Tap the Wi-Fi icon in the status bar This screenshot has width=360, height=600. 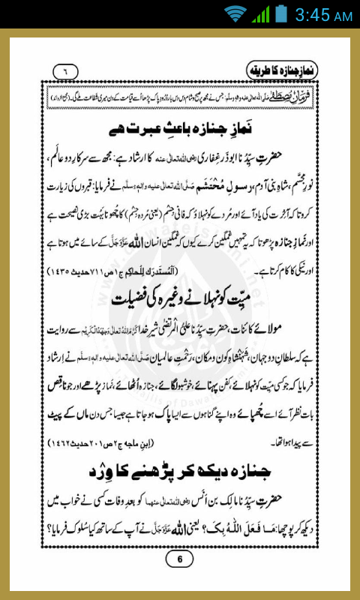235,13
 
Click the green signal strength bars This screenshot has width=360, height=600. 260,13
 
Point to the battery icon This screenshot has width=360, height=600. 281,13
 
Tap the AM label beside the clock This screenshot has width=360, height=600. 342,16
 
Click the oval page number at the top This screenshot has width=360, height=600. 65,72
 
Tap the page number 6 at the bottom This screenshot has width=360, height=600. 179,559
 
